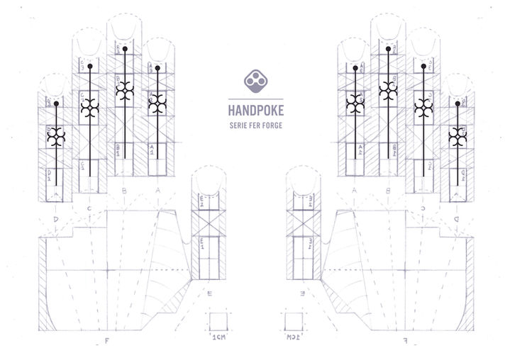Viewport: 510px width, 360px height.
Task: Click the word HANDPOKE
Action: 255,111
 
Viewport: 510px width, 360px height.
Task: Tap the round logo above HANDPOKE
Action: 255,81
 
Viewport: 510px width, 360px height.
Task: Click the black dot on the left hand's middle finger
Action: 126,51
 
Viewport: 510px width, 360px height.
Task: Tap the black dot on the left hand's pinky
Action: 56,103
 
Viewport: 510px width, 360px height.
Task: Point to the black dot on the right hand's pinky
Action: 456,103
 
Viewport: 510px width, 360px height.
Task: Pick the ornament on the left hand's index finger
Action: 157,103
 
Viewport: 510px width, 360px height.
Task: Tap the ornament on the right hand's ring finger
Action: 423,107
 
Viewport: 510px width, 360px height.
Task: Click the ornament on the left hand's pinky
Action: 56,136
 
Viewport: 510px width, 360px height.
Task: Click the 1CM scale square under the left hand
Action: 217,320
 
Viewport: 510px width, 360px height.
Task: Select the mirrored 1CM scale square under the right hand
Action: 293,320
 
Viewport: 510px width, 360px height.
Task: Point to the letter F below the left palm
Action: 106,342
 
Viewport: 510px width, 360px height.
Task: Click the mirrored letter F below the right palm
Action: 405,342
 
